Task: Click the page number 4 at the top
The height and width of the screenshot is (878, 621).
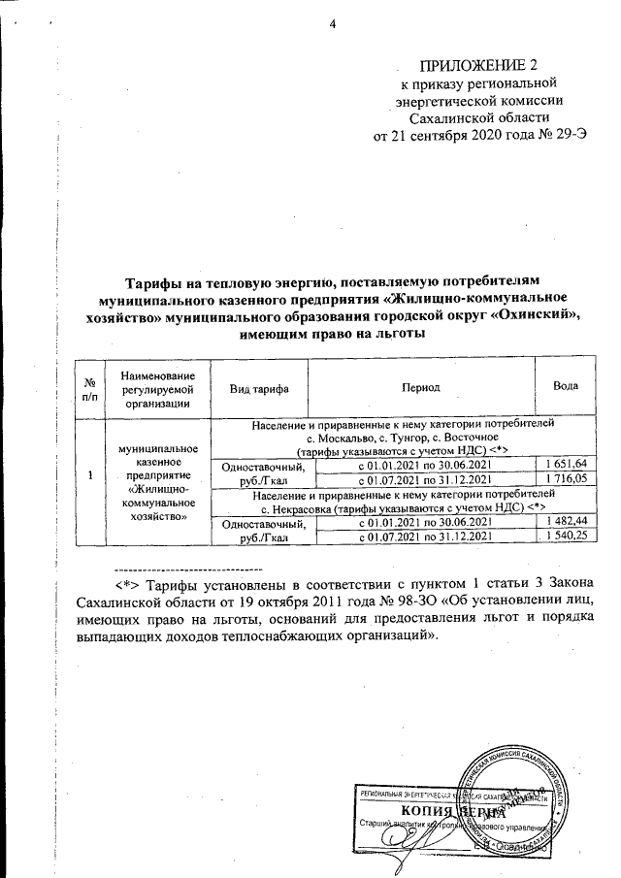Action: click(x=331, y=24)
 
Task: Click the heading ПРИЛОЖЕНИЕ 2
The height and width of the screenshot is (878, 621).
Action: click(x=476, y=65)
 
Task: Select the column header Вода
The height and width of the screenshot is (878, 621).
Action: click(x=566, y=386)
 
